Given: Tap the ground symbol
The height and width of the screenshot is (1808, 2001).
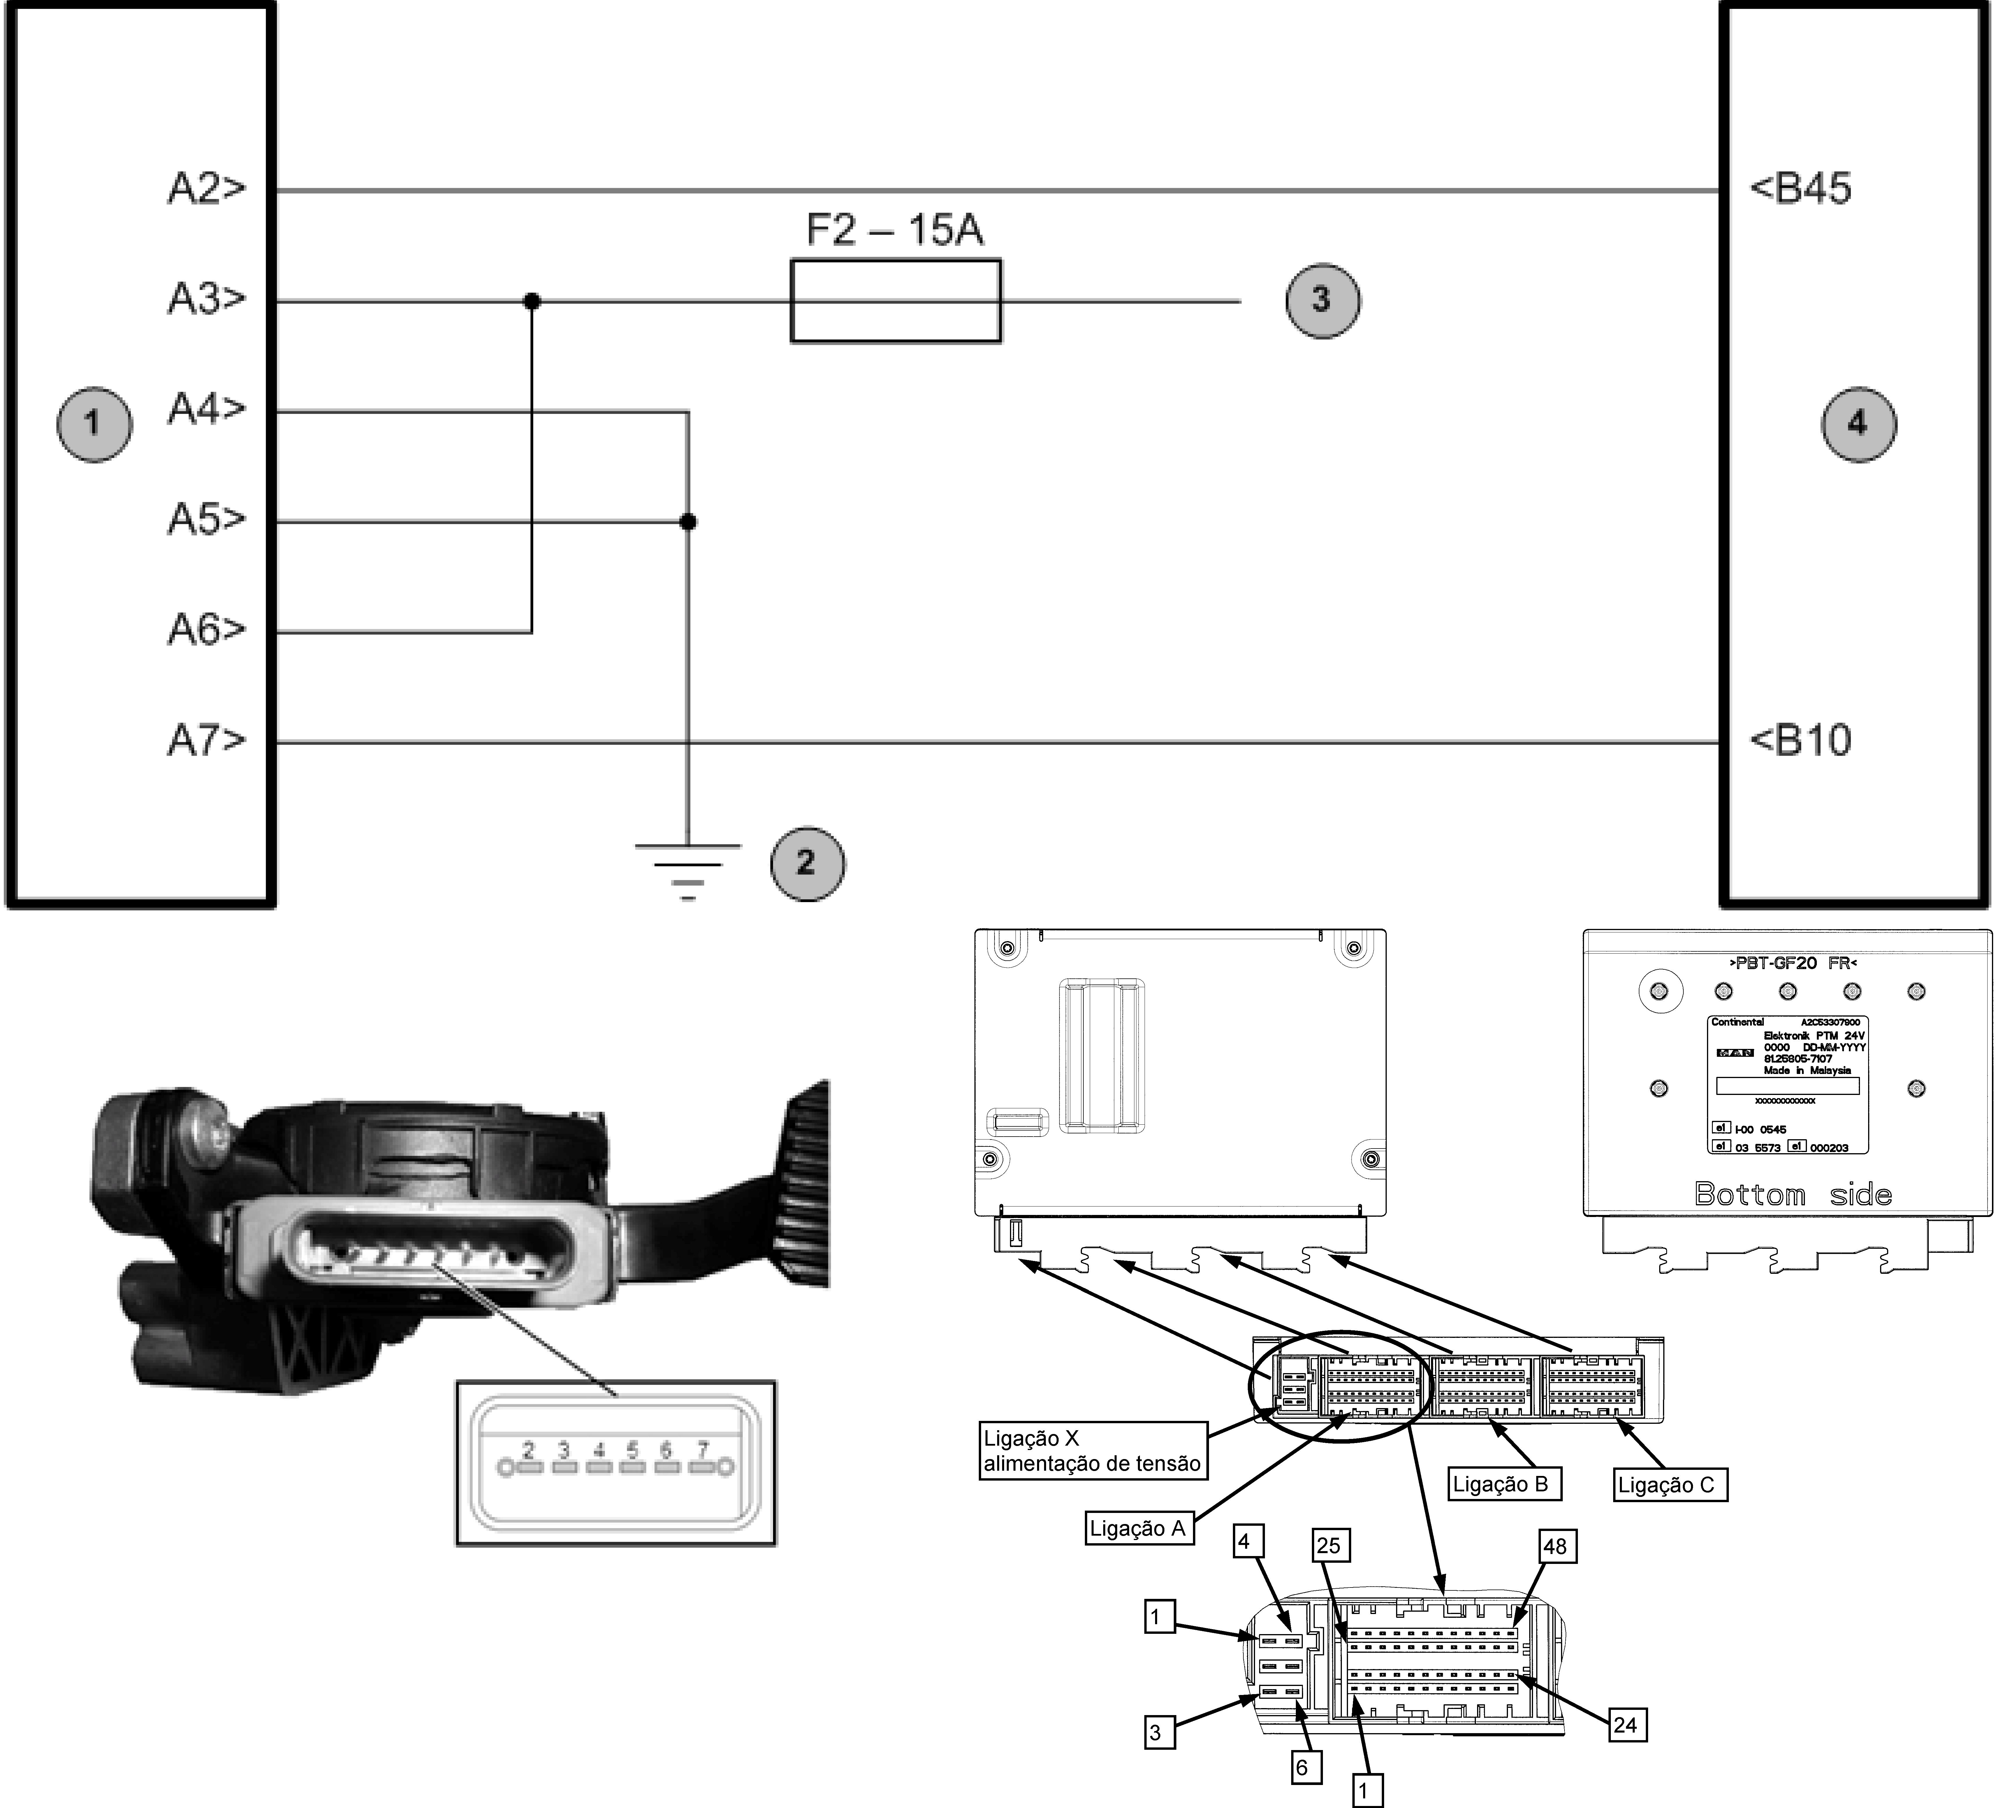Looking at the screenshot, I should [687, 869].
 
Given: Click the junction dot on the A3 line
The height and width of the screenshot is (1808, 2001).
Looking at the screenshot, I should [532, 301].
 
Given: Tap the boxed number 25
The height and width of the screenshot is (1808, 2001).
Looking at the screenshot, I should [1328, 1546].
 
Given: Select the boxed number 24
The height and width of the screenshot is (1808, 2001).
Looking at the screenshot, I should [1625, 1725].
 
